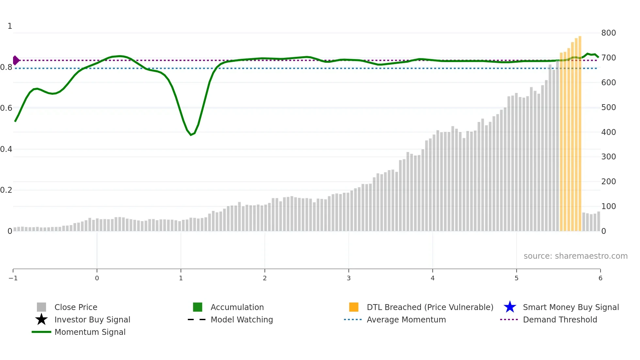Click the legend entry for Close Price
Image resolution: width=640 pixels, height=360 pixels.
tap(76, 307)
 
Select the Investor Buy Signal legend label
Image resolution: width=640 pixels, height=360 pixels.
tap(92, 319)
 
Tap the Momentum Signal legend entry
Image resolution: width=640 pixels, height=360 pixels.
tap(90, 332)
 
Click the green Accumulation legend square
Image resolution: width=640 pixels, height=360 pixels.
tap(198, 307)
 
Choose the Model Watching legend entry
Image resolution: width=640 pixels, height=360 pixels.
tap(242, 319)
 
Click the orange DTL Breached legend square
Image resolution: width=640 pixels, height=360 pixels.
tap(354, 307)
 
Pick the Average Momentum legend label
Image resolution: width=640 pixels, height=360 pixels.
tap(406, 319)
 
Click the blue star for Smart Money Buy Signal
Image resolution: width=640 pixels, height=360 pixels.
tap(510, 307)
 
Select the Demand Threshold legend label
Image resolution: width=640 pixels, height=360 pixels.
tap(560, 319)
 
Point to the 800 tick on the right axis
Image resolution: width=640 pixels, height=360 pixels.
tap(608, 33)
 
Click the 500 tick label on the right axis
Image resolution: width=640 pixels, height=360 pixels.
tap(608, 107)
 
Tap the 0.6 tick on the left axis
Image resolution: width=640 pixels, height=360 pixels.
tap(6, 108)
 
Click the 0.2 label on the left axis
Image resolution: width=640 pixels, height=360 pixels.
tap(6, 190)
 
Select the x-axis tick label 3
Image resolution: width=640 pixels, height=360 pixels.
tap(349, 278)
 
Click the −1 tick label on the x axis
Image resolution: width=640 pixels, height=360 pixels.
tap(13, 278)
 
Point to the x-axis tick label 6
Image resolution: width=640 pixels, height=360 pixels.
tap(600, 278)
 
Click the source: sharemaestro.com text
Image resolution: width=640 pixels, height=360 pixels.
tap(575, 256)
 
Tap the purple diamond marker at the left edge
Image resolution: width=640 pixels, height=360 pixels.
tap(16, 60)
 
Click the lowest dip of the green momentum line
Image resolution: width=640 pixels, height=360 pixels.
tap(191, 135)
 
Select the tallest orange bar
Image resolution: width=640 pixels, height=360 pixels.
tap(580, 131)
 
